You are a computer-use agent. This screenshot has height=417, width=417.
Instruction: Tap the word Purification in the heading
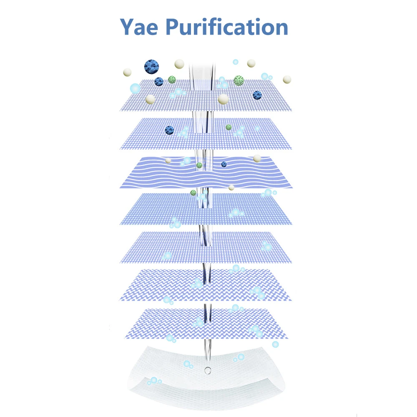227,27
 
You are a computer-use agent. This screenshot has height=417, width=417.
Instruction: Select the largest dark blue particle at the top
152,66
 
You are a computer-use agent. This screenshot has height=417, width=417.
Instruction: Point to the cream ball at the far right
287,79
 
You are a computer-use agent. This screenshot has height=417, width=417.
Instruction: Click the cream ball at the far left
127,72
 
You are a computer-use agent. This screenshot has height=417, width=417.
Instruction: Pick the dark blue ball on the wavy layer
224,164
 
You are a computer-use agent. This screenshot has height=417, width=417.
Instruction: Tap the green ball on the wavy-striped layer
199,166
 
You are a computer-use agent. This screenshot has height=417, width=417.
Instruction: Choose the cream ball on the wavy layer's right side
257,158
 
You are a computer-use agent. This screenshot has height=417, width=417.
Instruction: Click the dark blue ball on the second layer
169,130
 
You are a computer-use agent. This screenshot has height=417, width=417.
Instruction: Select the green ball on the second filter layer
229,127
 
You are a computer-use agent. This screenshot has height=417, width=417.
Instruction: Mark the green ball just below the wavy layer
193,193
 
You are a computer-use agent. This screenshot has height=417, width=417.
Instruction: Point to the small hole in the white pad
207,369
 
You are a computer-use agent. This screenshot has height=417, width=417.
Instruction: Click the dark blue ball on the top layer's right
257,95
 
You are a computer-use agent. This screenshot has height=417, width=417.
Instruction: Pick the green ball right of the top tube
239,80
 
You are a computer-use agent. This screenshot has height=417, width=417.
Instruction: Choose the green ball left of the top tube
172,79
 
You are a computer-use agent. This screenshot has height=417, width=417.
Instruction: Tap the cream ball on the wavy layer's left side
168,161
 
